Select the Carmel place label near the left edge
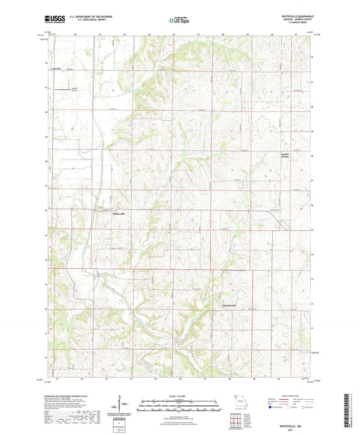click(x=54, y=68)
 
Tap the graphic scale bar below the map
click(x=179, y=405)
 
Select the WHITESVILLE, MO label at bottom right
click(x=292, y=425)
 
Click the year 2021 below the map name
click(x=292, y=429)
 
